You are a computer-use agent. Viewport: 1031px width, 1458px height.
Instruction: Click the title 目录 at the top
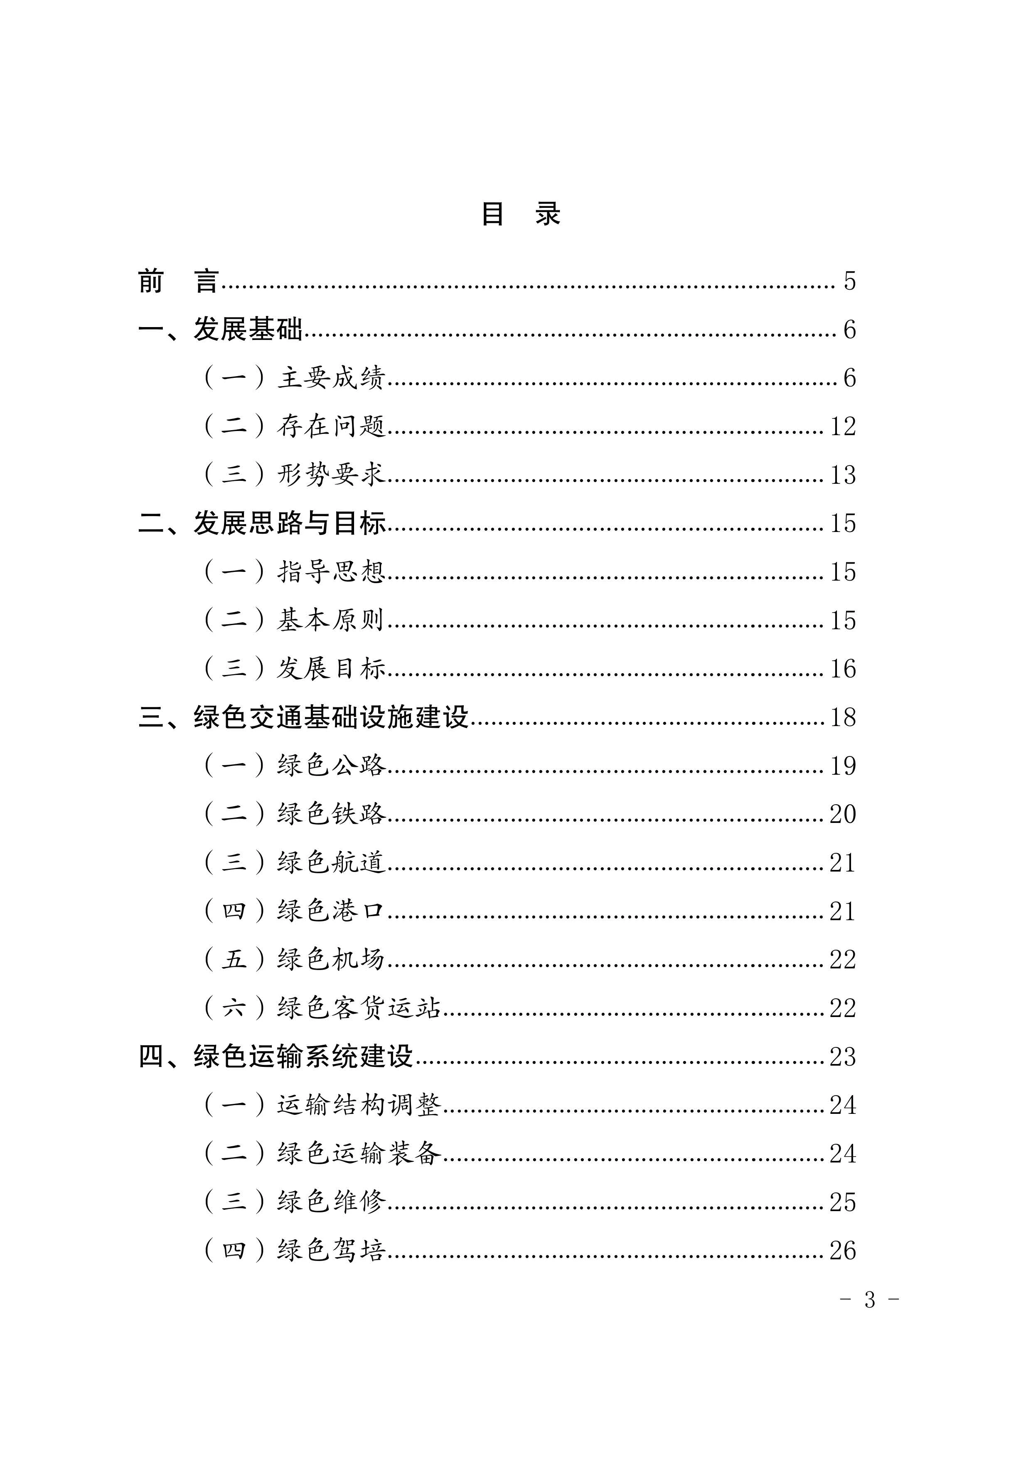[x=521, y=214]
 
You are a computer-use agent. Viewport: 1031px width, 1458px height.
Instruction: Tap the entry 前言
[x=178, y=281]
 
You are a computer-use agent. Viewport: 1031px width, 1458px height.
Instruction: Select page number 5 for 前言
[x=849, y=281]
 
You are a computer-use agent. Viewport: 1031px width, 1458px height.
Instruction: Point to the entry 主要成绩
[x=331, y=378]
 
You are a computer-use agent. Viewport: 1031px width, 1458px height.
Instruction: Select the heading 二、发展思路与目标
[x=262, y=523]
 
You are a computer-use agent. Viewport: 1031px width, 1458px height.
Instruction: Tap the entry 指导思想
[x=331, y=571]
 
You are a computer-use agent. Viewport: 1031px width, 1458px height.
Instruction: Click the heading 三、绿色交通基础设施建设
[x=303, y=717]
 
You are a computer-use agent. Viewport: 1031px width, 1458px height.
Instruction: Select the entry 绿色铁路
[x=331, y=814]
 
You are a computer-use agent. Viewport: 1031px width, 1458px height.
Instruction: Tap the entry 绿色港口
[x=331, y=911]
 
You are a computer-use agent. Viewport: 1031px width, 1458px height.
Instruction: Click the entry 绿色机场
[x=331, y=960]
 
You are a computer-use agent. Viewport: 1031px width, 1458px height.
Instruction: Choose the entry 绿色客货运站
[x=358, y=1008]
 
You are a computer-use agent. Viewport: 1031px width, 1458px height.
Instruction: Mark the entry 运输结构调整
[x=358, y=1105]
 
